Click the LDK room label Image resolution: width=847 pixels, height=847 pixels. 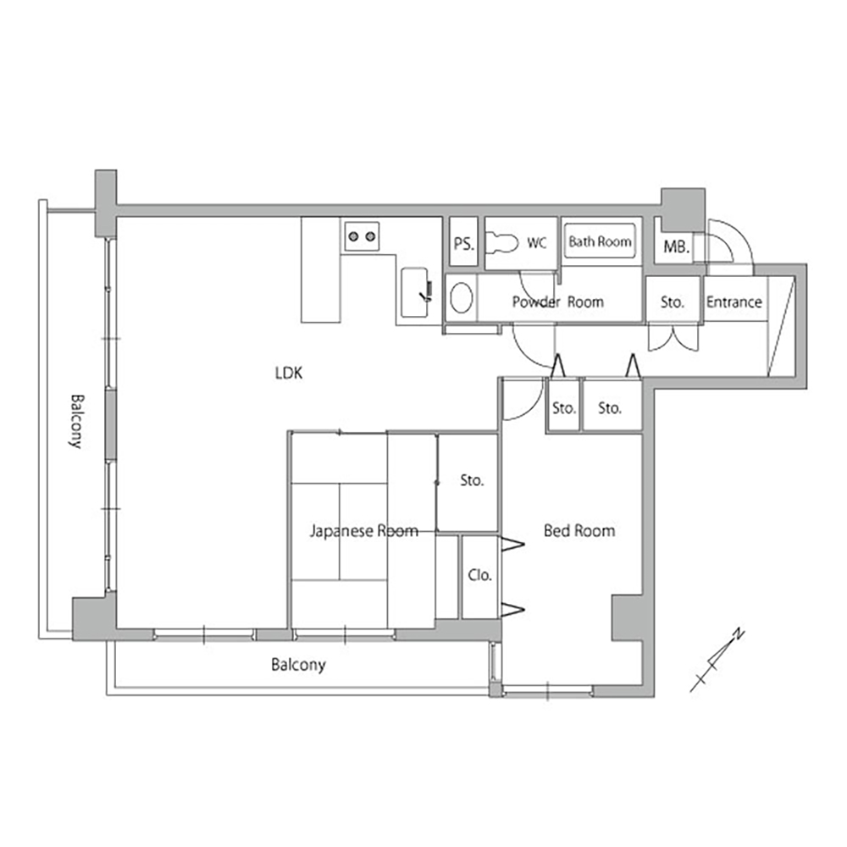pos(289,373)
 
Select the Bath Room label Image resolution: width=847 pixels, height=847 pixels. pos(600,241)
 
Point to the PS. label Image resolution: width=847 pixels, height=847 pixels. pos(463,244)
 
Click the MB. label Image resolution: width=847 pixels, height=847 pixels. pos(676,247)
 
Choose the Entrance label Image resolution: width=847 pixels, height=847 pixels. pos(734,302)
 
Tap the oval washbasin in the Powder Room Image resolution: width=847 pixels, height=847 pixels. pos(462,297)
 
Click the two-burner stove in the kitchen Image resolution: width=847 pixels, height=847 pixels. pos(362,236)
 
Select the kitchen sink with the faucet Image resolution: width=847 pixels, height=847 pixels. pos(415,292)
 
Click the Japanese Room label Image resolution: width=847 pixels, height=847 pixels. pos(364,531)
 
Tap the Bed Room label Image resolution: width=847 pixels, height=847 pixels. pos(579,531)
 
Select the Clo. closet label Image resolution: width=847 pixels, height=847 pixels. pos(479,575)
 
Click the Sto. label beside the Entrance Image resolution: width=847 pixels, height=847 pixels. pos(673,302)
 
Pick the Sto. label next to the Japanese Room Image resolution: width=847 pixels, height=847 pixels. pos(472,480)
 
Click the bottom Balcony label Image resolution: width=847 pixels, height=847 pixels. pos(298,664)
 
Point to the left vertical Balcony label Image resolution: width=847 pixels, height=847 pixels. pos(77,421)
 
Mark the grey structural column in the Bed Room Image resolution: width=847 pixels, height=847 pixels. pos(627,618)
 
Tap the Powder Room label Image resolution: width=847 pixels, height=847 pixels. pos(558,302)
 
